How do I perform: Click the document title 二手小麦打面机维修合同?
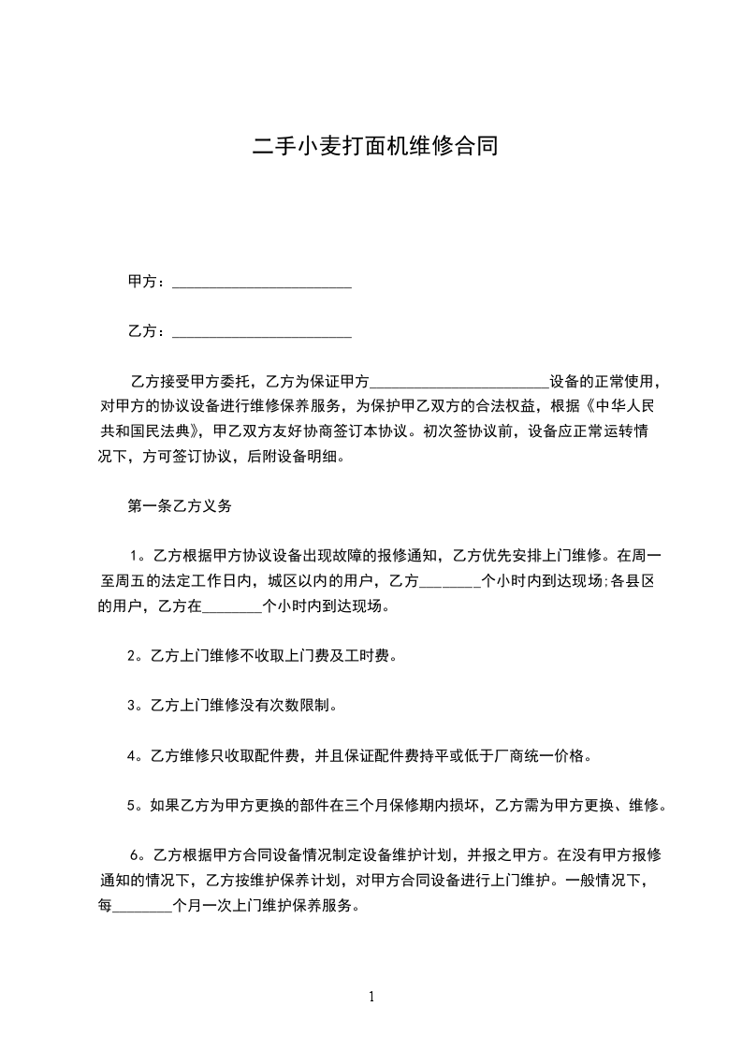click(371, 147)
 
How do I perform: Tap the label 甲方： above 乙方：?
click(148, 282)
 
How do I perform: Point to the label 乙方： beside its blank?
click(148, 331)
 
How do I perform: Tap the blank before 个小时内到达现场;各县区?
click(449, 581)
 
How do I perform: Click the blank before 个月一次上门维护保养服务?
click(142, 907)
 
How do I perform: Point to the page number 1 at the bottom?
click(371, 997)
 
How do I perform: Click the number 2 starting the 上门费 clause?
click(133, 656)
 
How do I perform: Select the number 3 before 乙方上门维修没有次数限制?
click(133, 706)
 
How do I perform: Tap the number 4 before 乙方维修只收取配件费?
click(133, 756)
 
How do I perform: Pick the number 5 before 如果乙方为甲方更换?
click(133, 806)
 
